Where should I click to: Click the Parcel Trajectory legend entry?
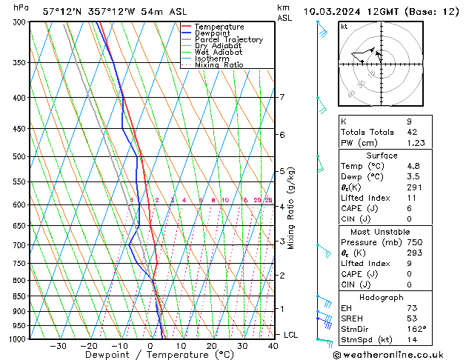(228, 40)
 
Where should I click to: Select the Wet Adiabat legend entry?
(219, 52)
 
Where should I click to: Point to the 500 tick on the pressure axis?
(16, 157)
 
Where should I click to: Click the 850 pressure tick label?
(16, 296)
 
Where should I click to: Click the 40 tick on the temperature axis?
(273, 345)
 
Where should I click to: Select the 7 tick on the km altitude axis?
(282, 97)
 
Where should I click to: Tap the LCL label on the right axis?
(291, 335)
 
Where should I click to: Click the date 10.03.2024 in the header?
(327, 11)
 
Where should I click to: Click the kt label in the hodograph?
(344, 27)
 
